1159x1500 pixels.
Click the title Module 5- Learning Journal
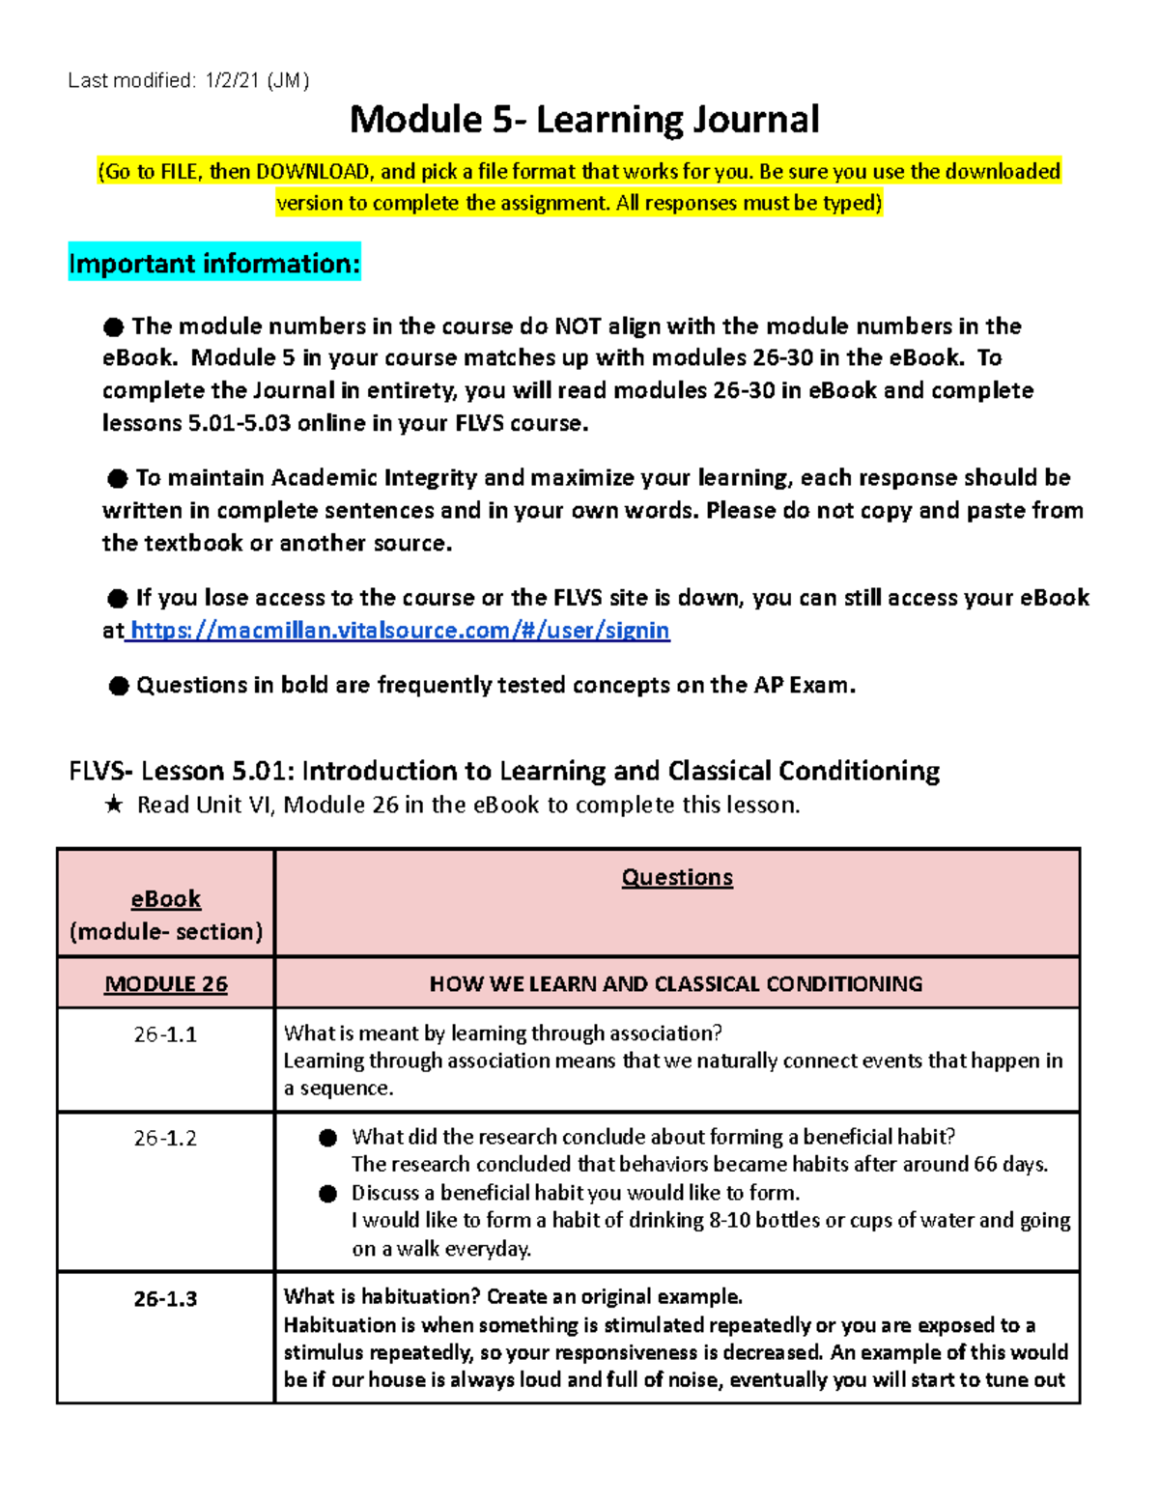583,120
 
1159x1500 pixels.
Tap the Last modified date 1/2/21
231,81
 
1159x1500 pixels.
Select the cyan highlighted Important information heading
214,264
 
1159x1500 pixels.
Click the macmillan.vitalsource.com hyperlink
399,631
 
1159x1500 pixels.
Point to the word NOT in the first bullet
578,326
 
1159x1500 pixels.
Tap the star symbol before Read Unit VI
114,806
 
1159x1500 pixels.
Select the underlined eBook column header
165,899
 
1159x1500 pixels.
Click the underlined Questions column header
676,877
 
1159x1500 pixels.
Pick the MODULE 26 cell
165,984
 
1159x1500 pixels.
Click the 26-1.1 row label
165,1034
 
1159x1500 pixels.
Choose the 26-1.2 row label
165,1139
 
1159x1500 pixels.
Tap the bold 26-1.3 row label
165,1299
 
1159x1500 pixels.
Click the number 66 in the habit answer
985,1165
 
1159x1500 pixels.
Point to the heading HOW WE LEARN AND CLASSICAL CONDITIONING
676,984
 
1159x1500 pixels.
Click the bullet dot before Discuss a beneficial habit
328,1194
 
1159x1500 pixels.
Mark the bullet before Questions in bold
118,687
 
